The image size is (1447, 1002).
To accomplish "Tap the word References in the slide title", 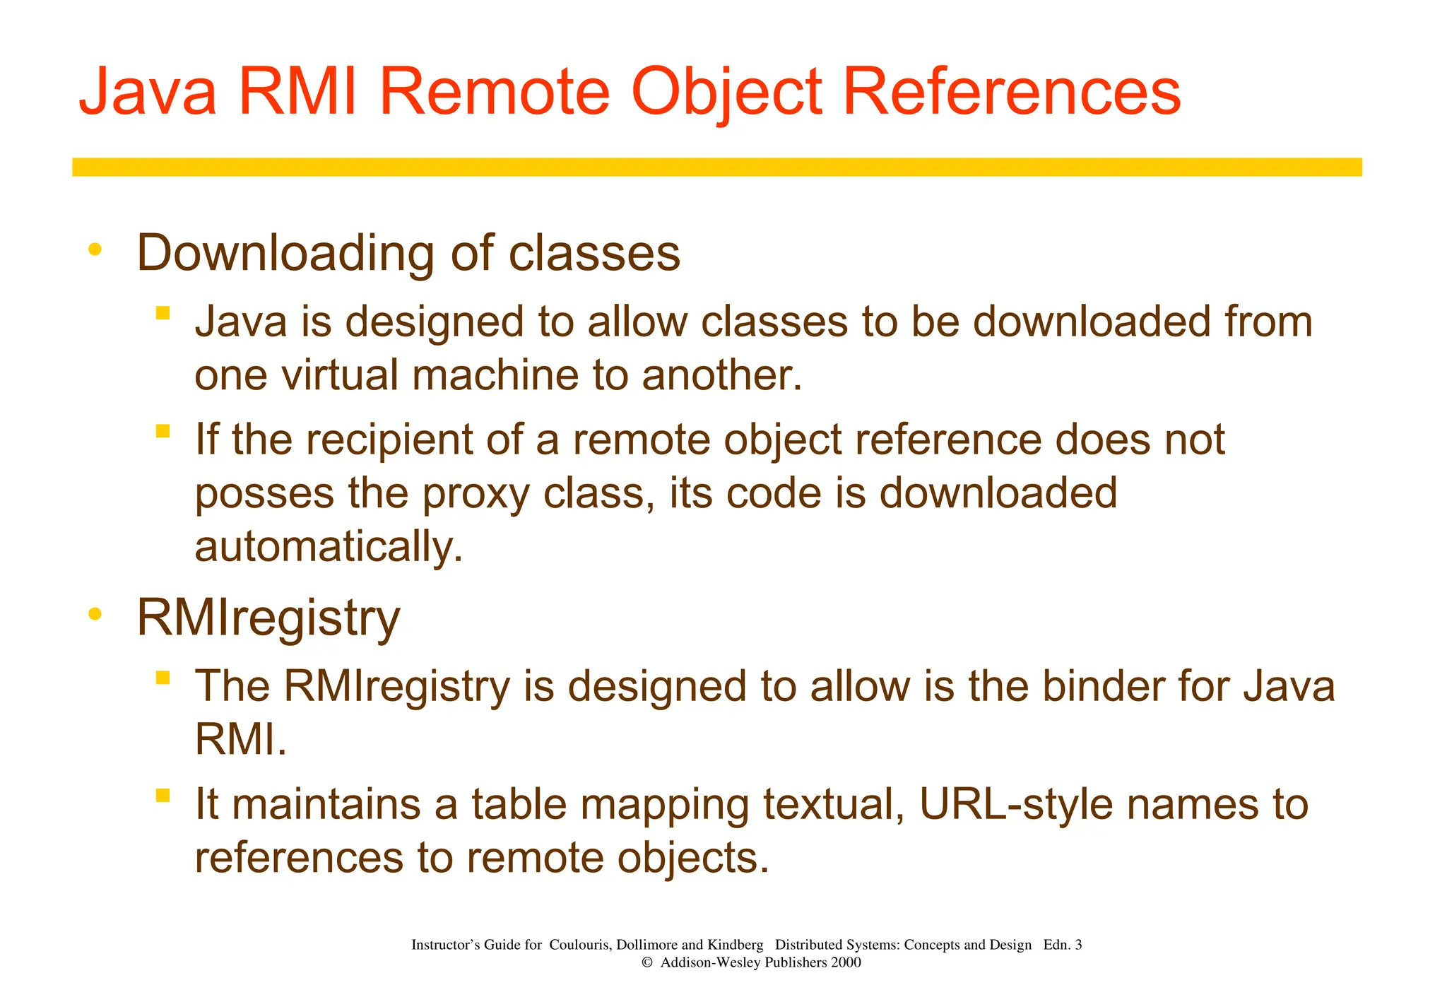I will tap(1012, 93).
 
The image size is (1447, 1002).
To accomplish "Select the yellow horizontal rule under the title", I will tap(716, 167).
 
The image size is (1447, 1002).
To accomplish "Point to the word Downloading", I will tap(285, 253).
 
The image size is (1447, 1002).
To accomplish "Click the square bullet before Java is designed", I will tap(163, 312).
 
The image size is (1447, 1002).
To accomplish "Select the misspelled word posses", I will tap(264, 494).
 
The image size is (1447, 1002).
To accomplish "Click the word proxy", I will tap(476, 494).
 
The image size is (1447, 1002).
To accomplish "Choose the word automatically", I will tap(329, 547).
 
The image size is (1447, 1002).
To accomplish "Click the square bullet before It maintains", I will tap(163, 796).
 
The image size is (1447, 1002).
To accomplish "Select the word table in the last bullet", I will tap(519, 804).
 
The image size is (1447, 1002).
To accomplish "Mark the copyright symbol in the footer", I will tap(646, 962).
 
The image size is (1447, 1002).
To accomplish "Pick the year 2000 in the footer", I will tap(846, 962).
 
